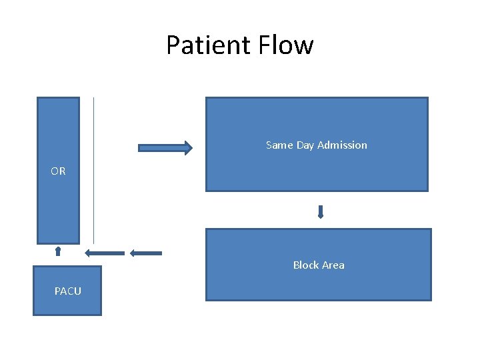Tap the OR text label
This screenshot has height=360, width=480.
pyautogui.click(x=58, y=171)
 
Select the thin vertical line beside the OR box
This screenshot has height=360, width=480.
pyautogui.click(x=93, y=170)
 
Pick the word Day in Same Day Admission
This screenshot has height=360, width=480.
pyautogui.click(x=305, y=145)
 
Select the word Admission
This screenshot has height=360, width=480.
pyautogui.click(x=342, y=145)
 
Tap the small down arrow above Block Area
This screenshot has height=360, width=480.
pyautogui.click(x=321, y=212)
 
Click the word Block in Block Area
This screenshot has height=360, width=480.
pyautogui.click(x=305, y=265)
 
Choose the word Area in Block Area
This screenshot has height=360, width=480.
pyautogui.click(x=333, y=265)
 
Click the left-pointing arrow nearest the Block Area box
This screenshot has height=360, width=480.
pyautogui.click(x=146, y=253)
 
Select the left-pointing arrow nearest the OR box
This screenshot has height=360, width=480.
pyautogui.click(x=105, y=253)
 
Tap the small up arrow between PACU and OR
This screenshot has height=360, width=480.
pyautogui.click(x=58, y=251)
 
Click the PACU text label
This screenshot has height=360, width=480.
pyautogui.click(x=68, y=291)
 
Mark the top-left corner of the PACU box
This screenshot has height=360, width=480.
pyautogui.click(x=34, y=267)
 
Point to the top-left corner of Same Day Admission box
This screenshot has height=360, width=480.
pyautogui.click(x=206, y=98)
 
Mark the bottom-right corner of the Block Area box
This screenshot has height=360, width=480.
pyautogui.click(x=431, y=300)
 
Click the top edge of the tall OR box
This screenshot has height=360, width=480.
pyautogui.click(x=58, y=98)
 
